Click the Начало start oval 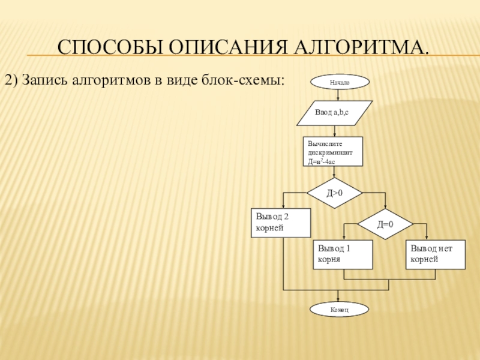point(340,82)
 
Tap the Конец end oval point(339,309)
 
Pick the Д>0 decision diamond point(335,193)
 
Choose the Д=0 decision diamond point(385,224)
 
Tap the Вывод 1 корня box point(343,254)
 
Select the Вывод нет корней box point(436,254)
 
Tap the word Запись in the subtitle point(47,80)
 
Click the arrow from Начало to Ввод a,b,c point(339,94)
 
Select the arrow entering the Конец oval point(339,296)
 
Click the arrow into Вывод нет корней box point(427,233)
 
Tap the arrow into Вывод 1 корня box point(344,233)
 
